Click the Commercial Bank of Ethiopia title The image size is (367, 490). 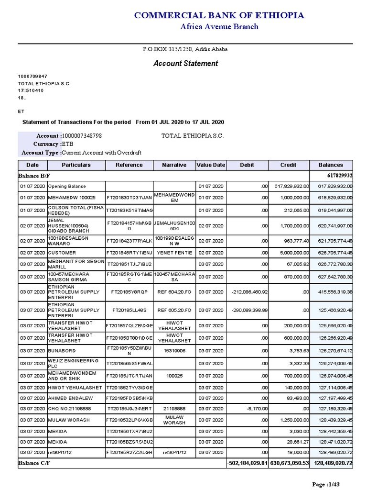point(219,15)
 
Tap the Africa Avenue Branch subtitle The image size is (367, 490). point(219,26)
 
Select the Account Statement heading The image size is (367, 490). point(185,63)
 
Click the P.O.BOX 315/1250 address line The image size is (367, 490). point(185,49)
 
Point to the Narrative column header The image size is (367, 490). point(174,165)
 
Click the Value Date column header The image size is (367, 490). point(211,165)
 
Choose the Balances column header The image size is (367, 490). point(332,165)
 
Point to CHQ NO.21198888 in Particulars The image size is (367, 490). point(69,409)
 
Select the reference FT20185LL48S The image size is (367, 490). point(129,310)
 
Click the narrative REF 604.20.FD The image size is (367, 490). point(174,291)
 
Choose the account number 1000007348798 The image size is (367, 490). point(82,136)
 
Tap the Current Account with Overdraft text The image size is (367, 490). point(102,152)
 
